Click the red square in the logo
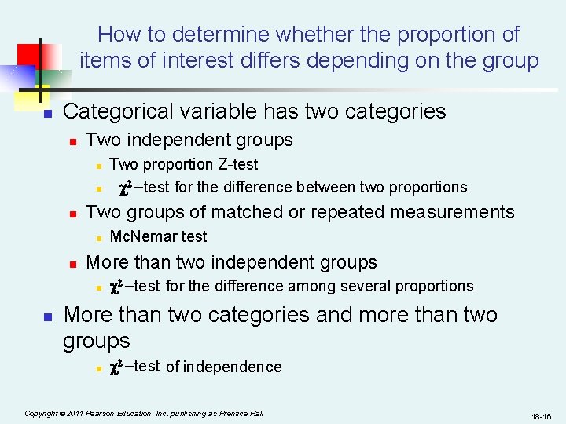[x=35, y=55]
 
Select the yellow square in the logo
[x=31, y=93]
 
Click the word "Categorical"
[x=119, y=111]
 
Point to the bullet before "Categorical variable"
[x=46, y=114]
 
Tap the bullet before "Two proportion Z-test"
[x=98, y=166]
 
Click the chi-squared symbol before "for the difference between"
[x=124, y=187]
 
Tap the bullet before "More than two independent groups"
[x=73, y=264]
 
